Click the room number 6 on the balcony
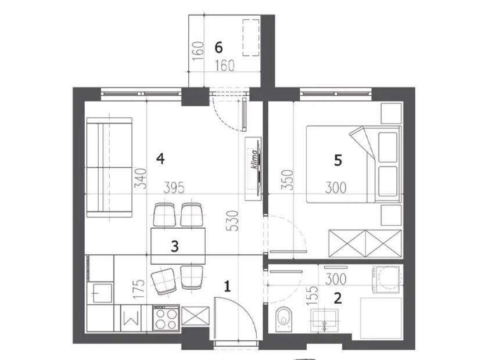[219, 48]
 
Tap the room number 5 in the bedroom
[338, 161]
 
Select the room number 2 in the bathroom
[338, 298]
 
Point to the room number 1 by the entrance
[228, 286]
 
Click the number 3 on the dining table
[175, 246]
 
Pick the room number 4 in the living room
[160, 159]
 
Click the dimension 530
[234, 221]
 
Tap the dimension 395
[174, 188]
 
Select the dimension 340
[140, 178]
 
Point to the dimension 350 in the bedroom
[287, 179]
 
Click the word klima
[254, 160]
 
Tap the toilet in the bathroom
[284, 319]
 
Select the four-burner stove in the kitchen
[166, 318]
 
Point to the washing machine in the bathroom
[386, 279]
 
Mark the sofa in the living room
[109, 167]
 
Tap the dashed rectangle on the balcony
[251, 38]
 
